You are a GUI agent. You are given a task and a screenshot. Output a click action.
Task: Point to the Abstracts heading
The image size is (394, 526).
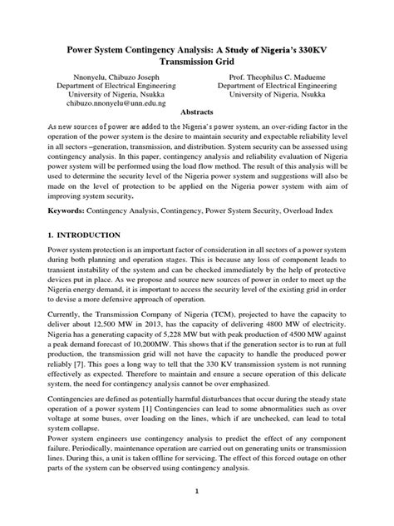tap(196, 119)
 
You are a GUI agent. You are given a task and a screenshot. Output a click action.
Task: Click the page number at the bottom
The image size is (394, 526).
tap(196, 514)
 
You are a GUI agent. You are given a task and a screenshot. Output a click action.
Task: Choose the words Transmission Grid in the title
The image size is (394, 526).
tap(196, 61)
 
